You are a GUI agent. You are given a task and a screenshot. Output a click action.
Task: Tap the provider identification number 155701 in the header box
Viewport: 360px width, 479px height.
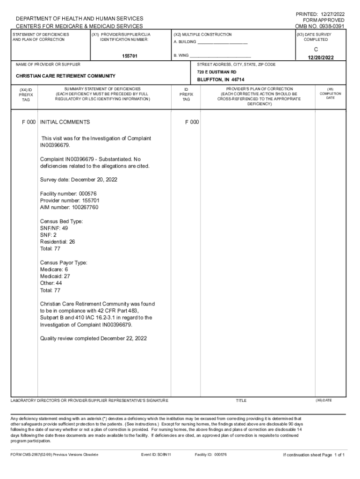(130, 56)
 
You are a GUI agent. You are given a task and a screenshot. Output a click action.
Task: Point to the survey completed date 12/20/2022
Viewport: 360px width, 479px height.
(322, 58)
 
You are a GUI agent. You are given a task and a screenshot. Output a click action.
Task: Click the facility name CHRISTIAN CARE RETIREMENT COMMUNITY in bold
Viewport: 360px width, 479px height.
(65, 76)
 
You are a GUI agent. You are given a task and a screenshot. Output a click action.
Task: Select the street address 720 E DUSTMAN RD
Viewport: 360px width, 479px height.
(216, 72)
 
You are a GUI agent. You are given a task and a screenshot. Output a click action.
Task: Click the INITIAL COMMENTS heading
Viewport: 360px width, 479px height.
(65, 122)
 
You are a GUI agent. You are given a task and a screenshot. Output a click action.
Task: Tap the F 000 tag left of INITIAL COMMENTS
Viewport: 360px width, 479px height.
(29, 122)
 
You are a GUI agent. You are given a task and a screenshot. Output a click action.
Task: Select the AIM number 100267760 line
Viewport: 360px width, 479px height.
(69, 207)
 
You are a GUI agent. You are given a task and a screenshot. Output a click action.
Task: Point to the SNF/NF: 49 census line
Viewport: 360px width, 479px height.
(54, 228)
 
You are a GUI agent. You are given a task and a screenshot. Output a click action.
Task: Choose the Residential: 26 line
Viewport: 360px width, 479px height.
(58, 242)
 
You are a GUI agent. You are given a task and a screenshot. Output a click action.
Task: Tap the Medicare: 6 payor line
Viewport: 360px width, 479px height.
(54, 269)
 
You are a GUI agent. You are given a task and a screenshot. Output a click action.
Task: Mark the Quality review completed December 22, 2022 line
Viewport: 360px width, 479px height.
(94, 338)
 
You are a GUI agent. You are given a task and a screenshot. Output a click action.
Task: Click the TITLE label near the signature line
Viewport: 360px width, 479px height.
(241, 400)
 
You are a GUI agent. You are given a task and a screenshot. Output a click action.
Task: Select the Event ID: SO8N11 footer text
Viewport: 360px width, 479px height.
(156, 455)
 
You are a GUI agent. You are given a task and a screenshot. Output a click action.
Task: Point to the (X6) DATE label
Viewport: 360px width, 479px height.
(324, 400)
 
